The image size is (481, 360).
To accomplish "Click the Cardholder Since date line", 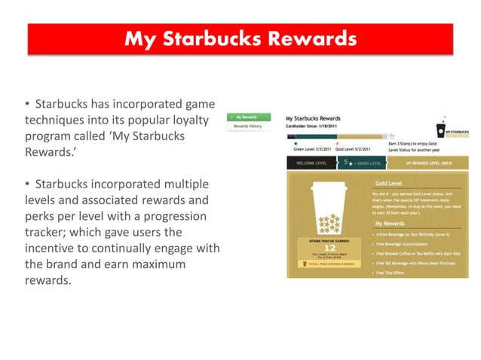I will click(311, 127).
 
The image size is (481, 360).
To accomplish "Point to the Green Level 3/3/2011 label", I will click(312, 150).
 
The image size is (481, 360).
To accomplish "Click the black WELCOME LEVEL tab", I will click(311, 162).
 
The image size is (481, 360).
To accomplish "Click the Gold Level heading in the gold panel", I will click(391, 183).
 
